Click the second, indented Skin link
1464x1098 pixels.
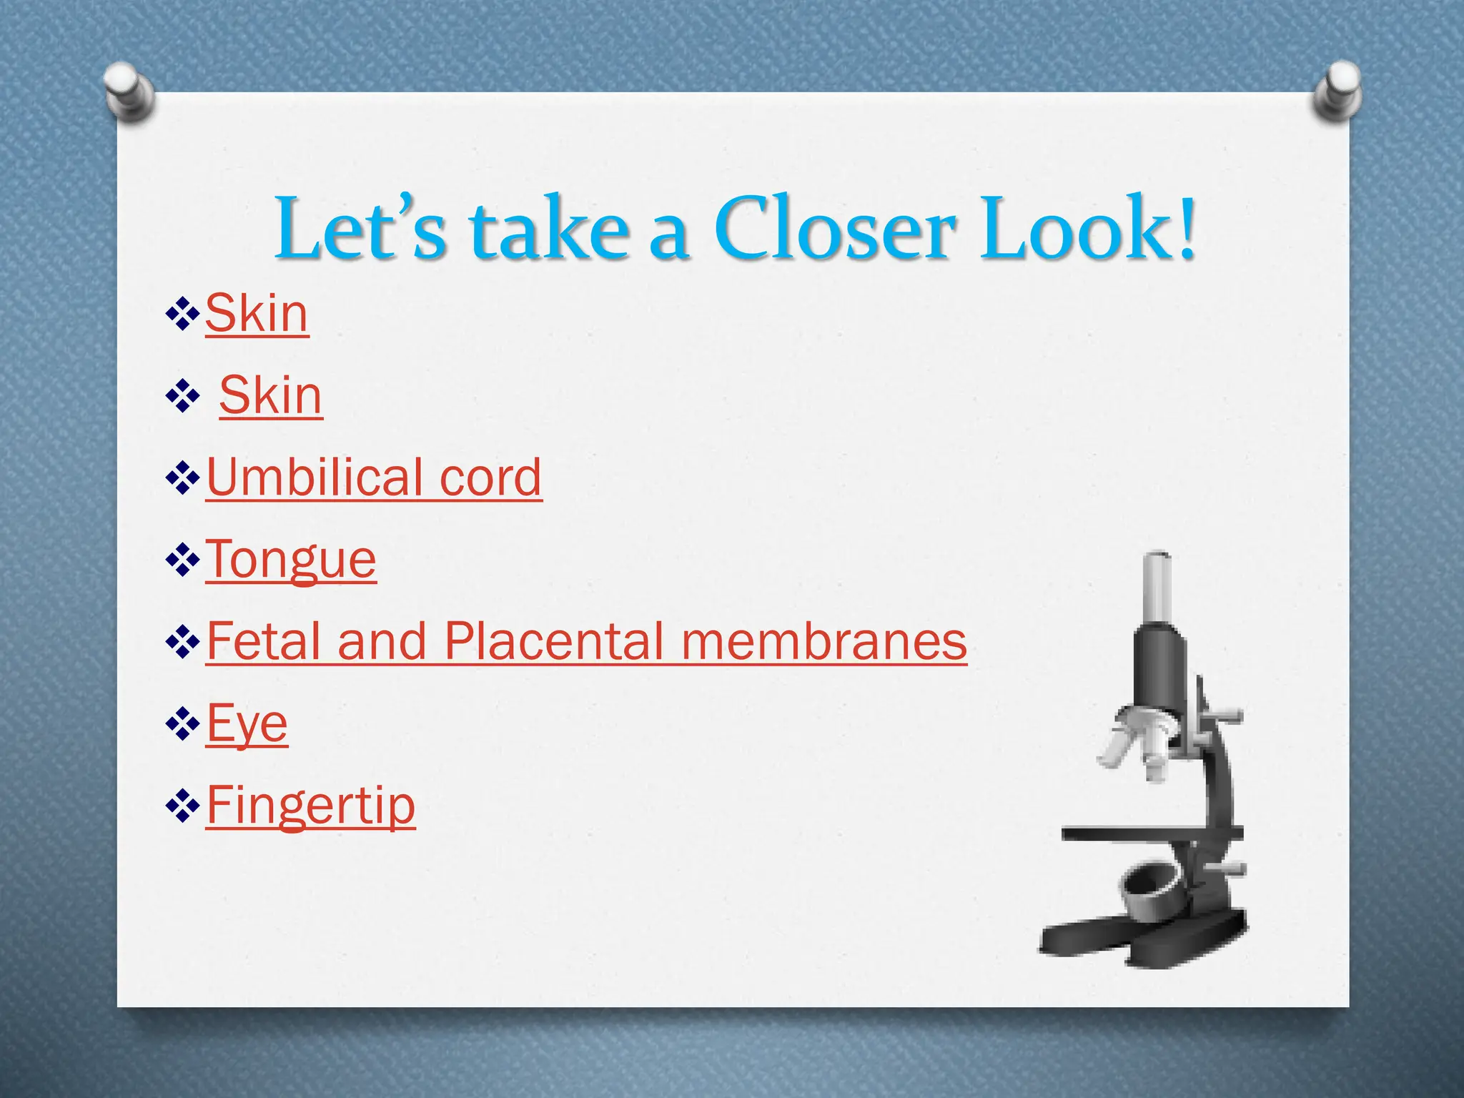click(271, 395)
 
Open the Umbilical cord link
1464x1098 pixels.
click(374, 478)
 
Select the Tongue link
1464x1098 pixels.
click(291, 560)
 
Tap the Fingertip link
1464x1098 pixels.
click(311, 806)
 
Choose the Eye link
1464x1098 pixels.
click(247, 723)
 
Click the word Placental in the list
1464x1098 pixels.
click(553, 641)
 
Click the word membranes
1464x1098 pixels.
click(824, 641)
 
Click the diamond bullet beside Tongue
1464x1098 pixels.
click(182, 560)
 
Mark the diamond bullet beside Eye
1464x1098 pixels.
click(182, 724)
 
